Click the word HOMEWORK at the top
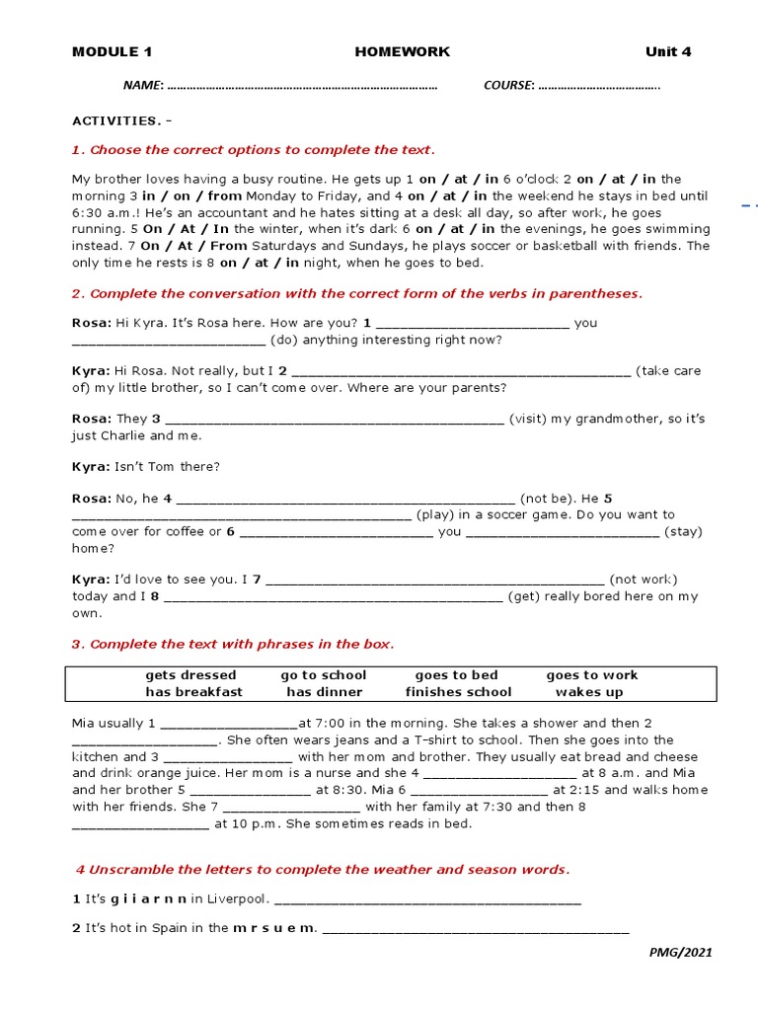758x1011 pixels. pyautogui.click(x=402, y=51)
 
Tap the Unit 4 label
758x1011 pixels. pyautogui.click(x=668, y=51)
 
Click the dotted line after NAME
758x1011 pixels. pyautogui.click(x=302, y=86)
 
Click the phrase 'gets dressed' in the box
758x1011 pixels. pyautogui.click(x=190, y=675)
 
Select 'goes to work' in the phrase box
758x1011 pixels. pyautogui.click(x=592, y=675)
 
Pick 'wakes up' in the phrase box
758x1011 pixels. pyautogui.click(x=589, y=692)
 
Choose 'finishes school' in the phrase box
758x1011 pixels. pyautogui.click(x=458, y=692)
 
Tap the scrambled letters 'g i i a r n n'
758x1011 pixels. pyautogui.click(x=148, y=898)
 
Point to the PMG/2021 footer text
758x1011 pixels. pyautogui.click(x=680, y=953)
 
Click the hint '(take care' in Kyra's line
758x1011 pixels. pyautogui.click(x=668, y=371)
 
